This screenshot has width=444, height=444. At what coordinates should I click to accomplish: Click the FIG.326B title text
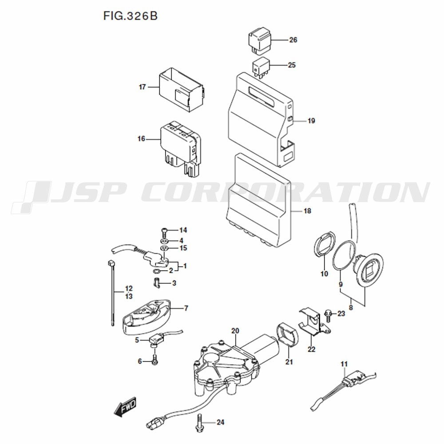(130, 16)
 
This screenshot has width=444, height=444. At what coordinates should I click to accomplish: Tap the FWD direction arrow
(125, 407)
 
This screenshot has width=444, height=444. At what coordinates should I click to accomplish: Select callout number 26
(293, 40)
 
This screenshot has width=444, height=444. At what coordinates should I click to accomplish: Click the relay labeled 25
(261, 67)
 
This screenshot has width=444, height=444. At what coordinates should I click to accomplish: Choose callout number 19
(311, 121)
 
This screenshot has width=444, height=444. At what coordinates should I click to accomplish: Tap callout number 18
(307, 211)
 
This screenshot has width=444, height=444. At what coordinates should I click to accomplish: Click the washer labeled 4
(164, 241)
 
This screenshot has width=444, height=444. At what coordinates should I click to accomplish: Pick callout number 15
(183, 248)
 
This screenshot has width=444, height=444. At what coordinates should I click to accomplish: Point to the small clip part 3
(157, 283)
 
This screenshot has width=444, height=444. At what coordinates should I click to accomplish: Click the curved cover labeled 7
(147, 317)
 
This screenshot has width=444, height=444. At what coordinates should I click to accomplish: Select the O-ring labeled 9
(344, 255)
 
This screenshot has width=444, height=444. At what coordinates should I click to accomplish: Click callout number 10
(324, 274)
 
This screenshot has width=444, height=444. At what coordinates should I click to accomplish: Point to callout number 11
(344, 364)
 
